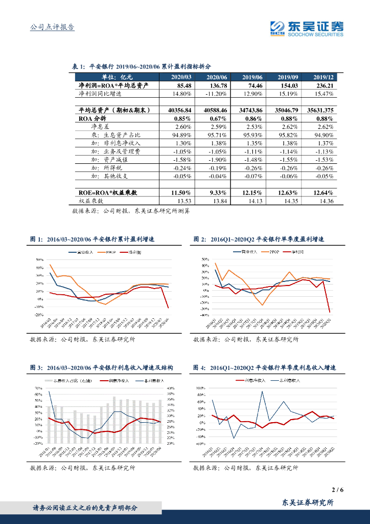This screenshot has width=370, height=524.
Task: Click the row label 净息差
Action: [101, 126]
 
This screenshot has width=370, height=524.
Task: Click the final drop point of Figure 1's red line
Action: [168, 308]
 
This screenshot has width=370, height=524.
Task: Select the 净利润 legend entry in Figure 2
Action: [296, 253]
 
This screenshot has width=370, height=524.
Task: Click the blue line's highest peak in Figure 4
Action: [263, 391]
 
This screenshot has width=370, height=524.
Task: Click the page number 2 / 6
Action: [337, 490]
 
